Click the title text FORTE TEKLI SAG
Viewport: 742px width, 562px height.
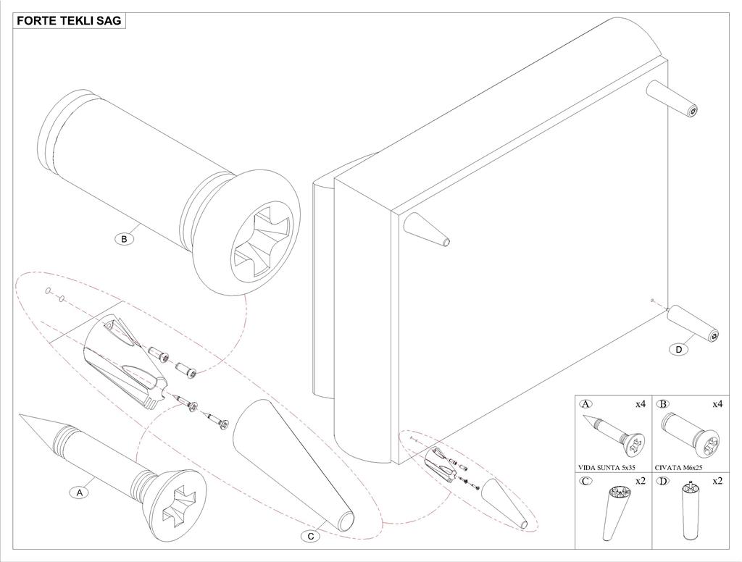[70, 21]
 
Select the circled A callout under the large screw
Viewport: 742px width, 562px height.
[80, 492]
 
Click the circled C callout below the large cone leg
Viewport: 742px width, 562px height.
[311, 537]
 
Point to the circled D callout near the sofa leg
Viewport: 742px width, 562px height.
[678, 350]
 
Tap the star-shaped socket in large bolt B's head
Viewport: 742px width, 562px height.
[262, 237]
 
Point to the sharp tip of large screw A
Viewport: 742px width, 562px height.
[22, 416]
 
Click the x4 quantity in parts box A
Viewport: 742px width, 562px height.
[640, 404]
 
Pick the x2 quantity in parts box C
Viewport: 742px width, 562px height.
[640, 481]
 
